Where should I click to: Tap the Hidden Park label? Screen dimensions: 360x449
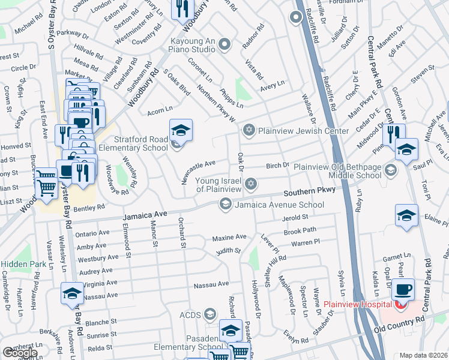pos(19,264)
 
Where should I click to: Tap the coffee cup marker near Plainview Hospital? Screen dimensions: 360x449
pos(403,290)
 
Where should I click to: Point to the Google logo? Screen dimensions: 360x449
pos(19,353)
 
